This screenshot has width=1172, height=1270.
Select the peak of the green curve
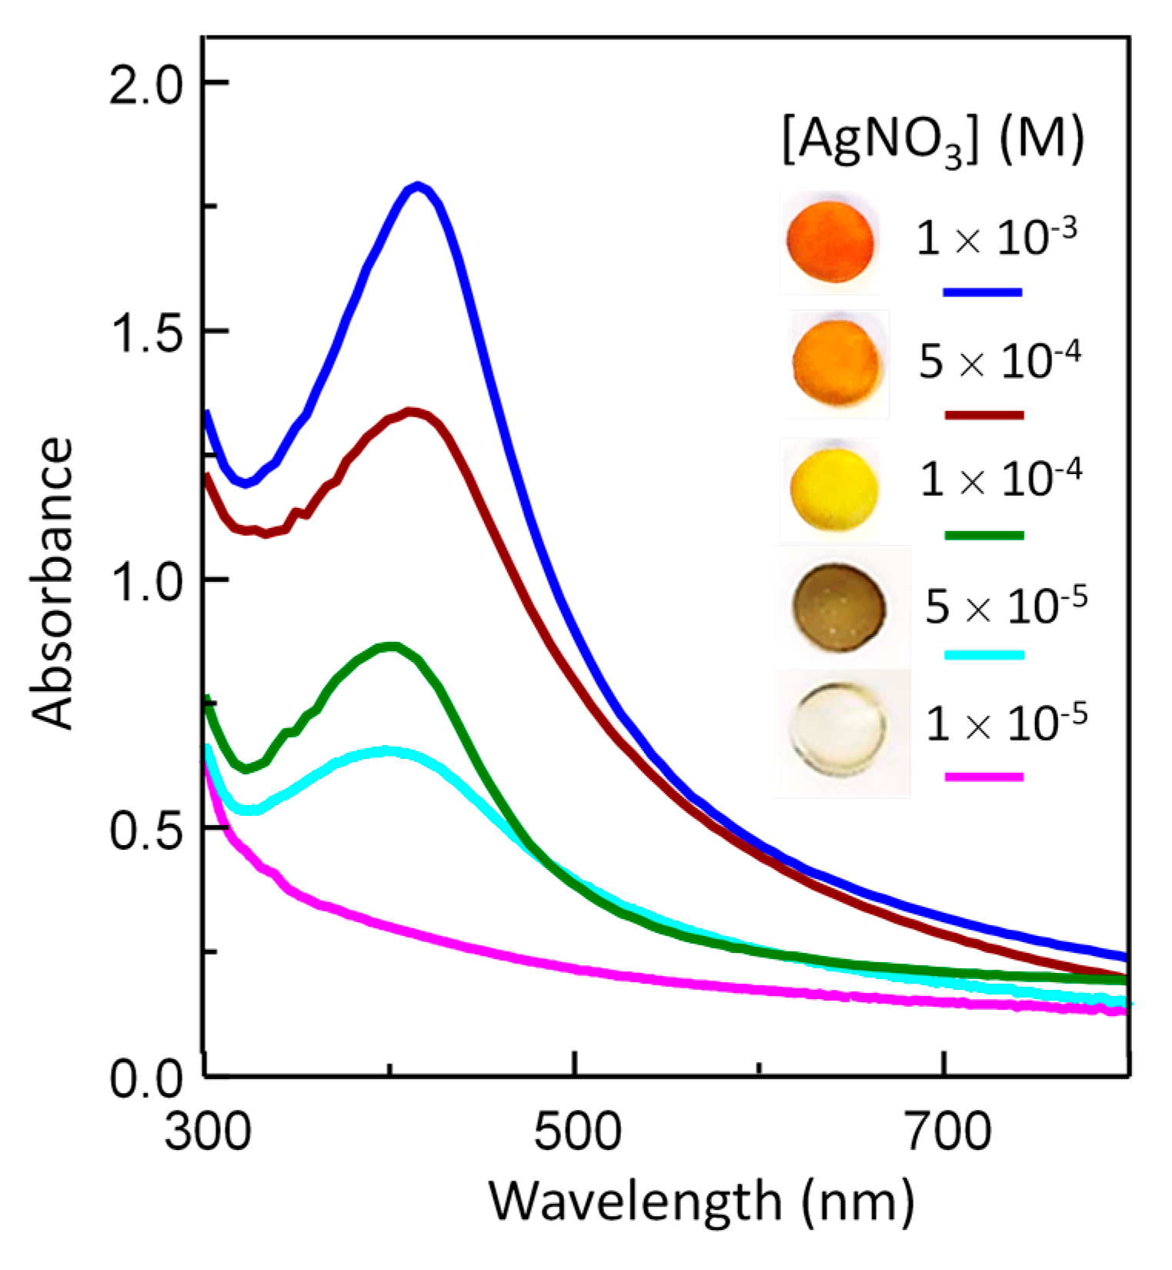(x=392, y=647)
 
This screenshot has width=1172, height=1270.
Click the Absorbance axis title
(x=54, y=582)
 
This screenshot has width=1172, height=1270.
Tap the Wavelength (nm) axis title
(x=702, y=1201)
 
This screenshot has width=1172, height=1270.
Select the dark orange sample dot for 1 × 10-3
(x=830, y=242)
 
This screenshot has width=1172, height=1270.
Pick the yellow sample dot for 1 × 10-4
(x=833, y=489)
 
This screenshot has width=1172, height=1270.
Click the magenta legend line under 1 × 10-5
(x=983, y=777)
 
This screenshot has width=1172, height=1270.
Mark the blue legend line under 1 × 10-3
(x=982, y=292)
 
